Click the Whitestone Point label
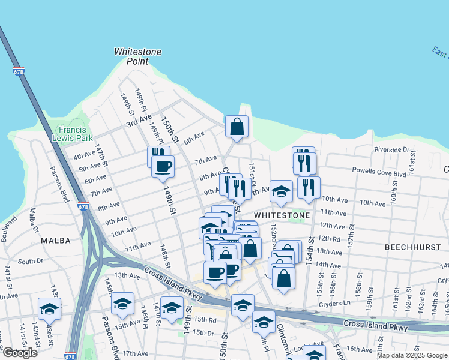(138, 56)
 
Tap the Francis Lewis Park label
(75, 134)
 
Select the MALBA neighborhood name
(56, 240)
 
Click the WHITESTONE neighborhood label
(282, 215)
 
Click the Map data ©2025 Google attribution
(412, 355)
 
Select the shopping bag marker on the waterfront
(237, 126)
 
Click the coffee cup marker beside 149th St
(163, 166)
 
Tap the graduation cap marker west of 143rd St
(49, 309)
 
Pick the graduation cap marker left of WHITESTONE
(280, 191)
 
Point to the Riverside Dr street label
(391, 149)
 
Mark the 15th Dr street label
(203, 332)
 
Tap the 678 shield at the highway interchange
(83, 207)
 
